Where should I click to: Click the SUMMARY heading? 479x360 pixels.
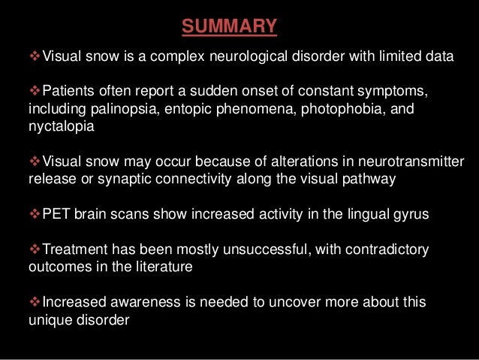pos(230,29)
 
